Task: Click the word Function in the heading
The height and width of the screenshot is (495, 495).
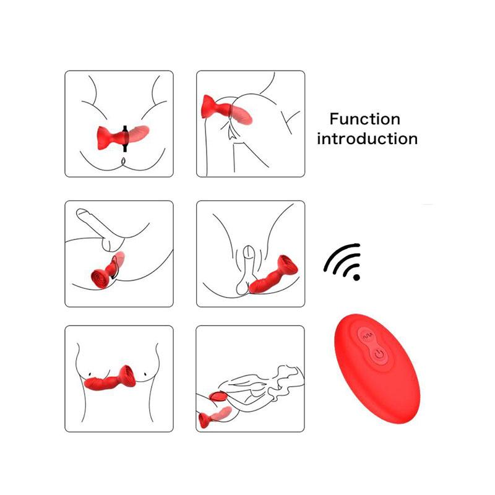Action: click(x=365, y=119)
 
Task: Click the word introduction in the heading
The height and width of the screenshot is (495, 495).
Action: click(x=367, y=139)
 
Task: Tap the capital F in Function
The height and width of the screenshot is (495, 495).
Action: click(x=334, y=119)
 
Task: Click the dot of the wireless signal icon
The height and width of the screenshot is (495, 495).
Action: click(x=356, y=277)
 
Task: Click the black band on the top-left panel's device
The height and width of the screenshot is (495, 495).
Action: click(x=125, y=139)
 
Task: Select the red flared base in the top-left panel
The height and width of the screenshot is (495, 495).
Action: click(x=105, y=138)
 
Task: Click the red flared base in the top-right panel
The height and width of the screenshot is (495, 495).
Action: click(x=209, y=107)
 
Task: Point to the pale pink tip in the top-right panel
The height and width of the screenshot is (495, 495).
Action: click(x=243, y=115)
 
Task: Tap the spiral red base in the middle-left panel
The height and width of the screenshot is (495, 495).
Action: click(x=98, y=278)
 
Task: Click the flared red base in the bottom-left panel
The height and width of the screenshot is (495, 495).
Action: click(x=127, y=376)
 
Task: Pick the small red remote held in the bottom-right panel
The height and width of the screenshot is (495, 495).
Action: click(x=217, y=396)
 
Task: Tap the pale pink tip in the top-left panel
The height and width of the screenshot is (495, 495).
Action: click(x=138, y=133)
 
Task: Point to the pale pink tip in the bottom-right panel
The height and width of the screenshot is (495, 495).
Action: click(x=223, y=413)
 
